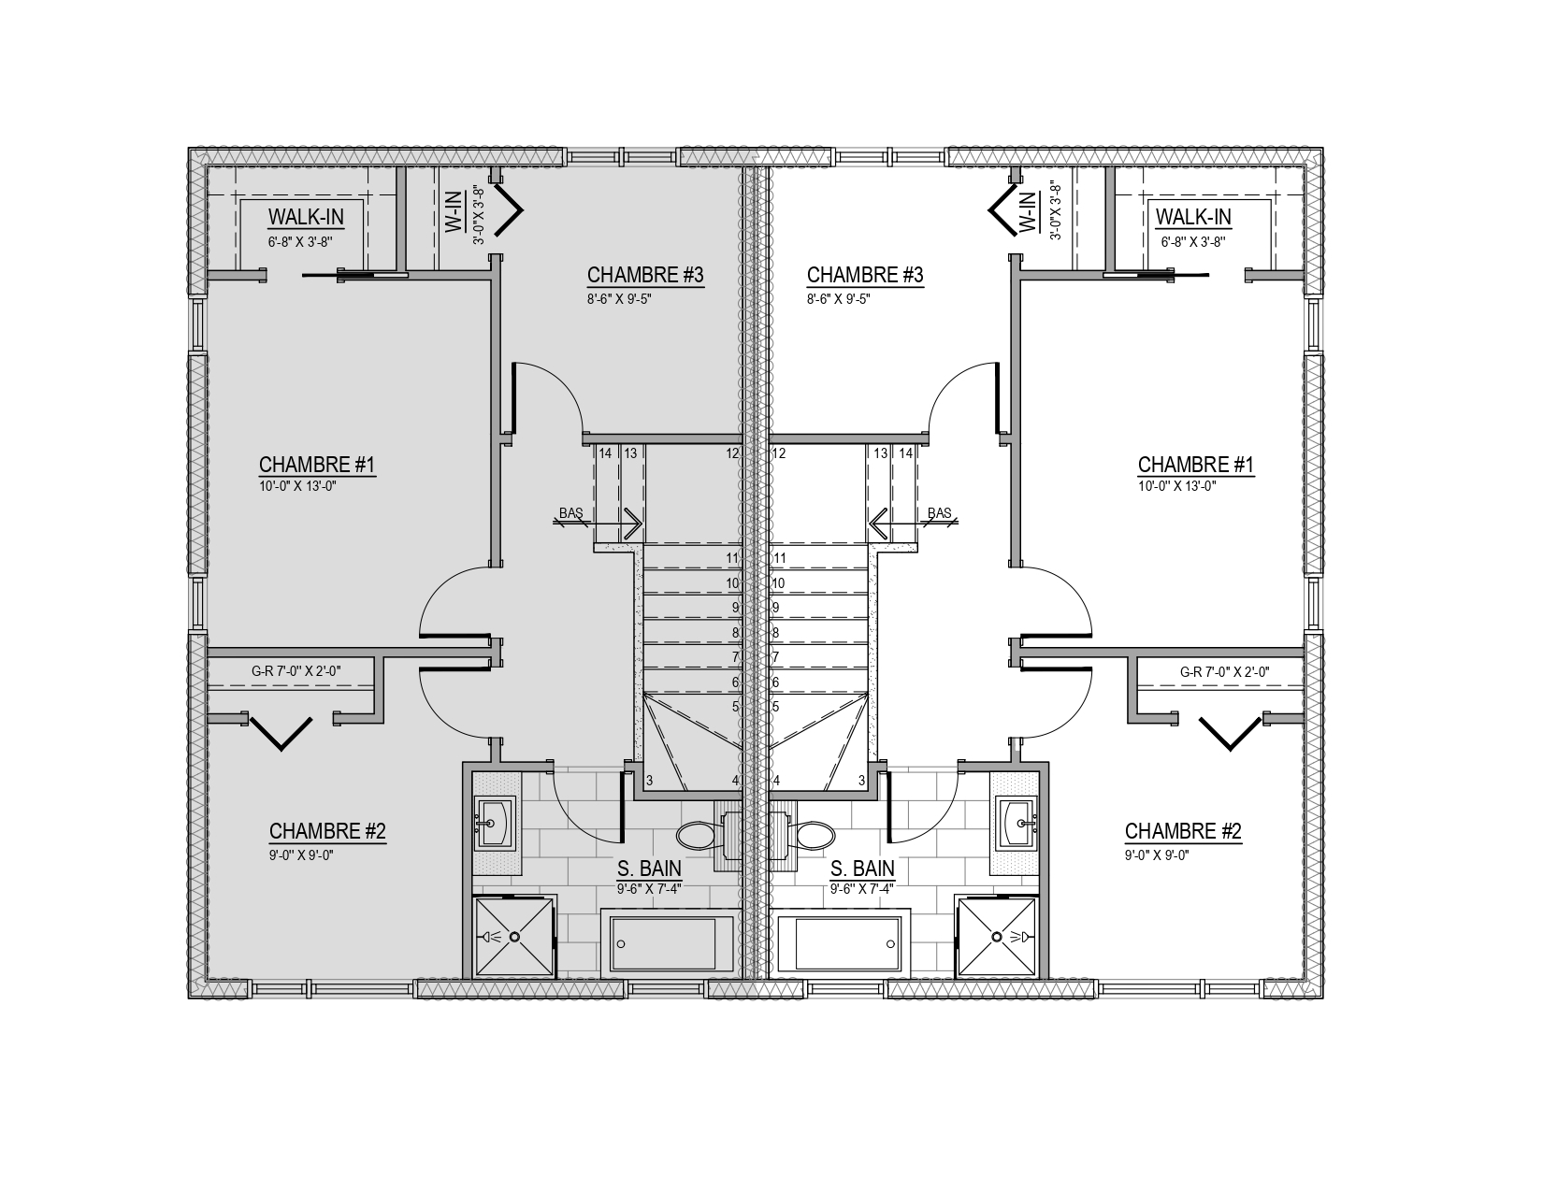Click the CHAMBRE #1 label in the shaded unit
tap(317, 465)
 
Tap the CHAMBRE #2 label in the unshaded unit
tap(1183, 830)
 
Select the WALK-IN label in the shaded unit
tap(306, 217)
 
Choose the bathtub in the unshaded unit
tap(840, 943)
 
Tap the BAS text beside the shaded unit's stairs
tap(570, 512)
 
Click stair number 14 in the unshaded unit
tap(906, 452)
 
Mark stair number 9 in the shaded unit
tap(736, 607)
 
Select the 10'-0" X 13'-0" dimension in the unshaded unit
tap(1176, 486)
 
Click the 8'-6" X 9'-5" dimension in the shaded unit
tap(619, 299)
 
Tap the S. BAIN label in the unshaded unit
tap(863, 869)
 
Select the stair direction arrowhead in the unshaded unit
tap(878, 524)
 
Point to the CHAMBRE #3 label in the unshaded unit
tap(865, 275)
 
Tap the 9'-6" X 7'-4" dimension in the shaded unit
tap(649, 887)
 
